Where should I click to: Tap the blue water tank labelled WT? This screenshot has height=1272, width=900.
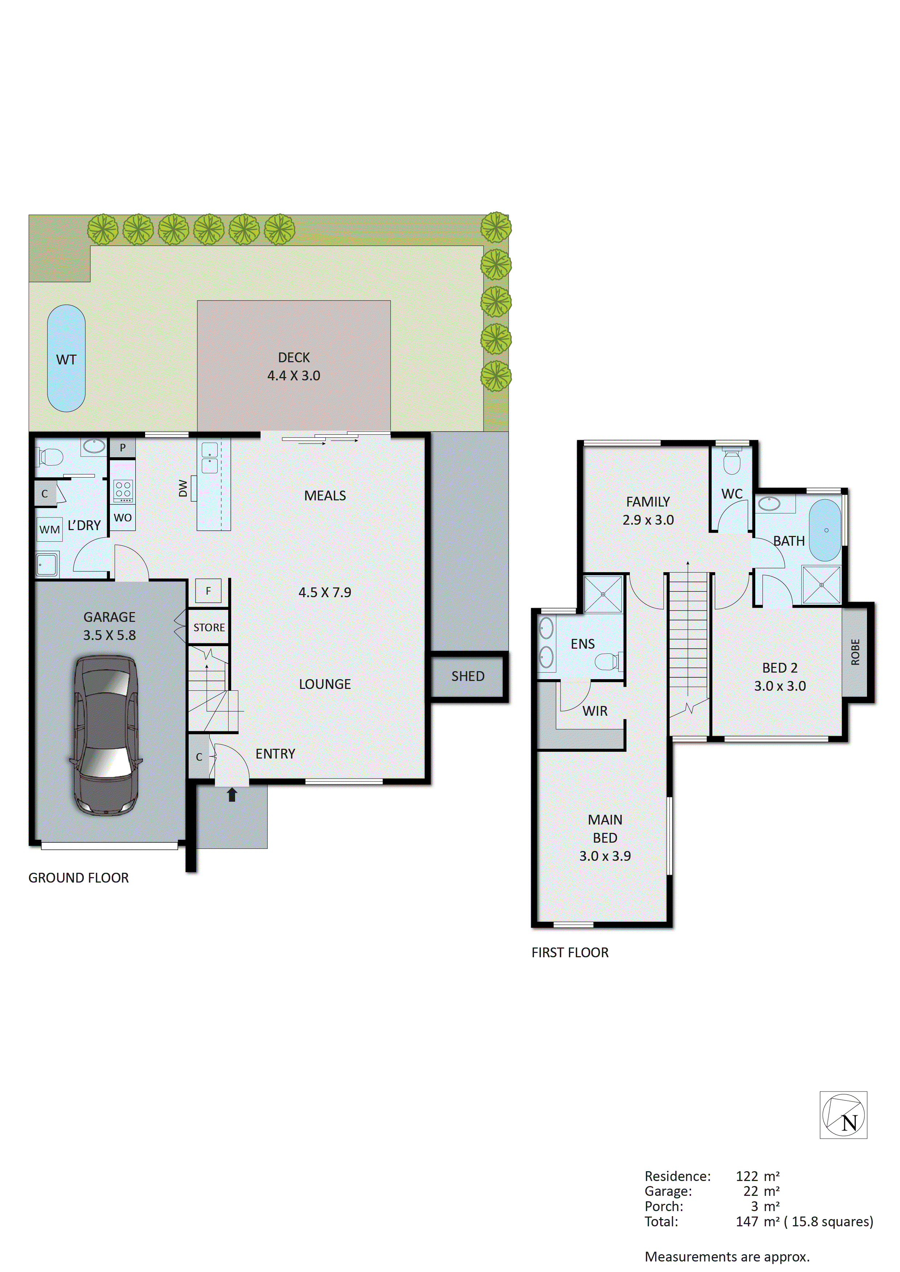tap(66, 359)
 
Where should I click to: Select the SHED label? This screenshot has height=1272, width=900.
tap(468, 677)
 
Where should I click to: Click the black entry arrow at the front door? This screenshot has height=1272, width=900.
tap(232, 795)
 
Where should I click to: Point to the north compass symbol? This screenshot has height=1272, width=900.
tap(843, 1115)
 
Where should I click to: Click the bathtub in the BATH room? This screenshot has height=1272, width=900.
tap(825, 530)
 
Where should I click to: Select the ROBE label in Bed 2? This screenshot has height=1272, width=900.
tap(855, 652)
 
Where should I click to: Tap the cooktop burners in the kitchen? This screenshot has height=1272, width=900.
tap(123, 490)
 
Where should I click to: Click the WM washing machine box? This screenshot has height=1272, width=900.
tap(49, 530)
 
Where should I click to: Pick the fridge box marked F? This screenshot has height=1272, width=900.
tap(208, 591)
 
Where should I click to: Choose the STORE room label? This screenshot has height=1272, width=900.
tap(209, 628)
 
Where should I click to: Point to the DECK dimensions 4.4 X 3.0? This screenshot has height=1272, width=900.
tap(294, 376)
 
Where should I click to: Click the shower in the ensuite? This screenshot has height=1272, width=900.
tap(603, 594)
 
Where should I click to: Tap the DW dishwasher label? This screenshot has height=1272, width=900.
tap(183, 488)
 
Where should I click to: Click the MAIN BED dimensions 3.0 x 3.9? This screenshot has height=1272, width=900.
tap(605, 856)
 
